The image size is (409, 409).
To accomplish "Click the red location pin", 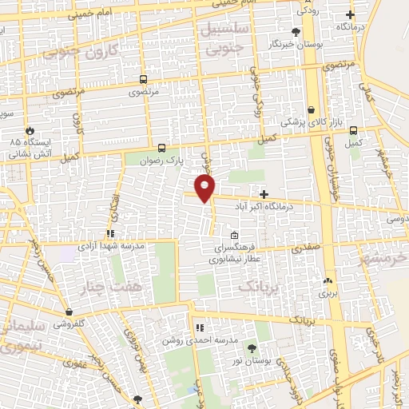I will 205,188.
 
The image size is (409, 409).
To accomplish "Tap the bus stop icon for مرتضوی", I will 143,80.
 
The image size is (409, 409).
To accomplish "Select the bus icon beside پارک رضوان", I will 162,148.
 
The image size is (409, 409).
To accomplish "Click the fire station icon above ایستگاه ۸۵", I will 30,129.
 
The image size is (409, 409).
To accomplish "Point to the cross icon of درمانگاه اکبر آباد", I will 264,194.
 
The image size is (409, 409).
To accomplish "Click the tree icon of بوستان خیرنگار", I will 296,32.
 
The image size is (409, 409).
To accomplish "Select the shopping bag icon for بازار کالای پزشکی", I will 311,110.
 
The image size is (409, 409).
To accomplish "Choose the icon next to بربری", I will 328,280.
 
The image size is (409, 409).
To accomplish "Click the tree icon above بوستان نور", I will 252,348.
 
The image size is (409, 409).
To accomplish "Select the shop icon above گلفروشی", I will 71,312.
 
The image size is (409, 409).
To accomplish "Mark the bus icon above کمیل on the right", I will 353,130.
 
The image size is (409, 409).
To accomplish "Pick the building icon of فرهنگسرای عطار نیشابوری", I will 233,236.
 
